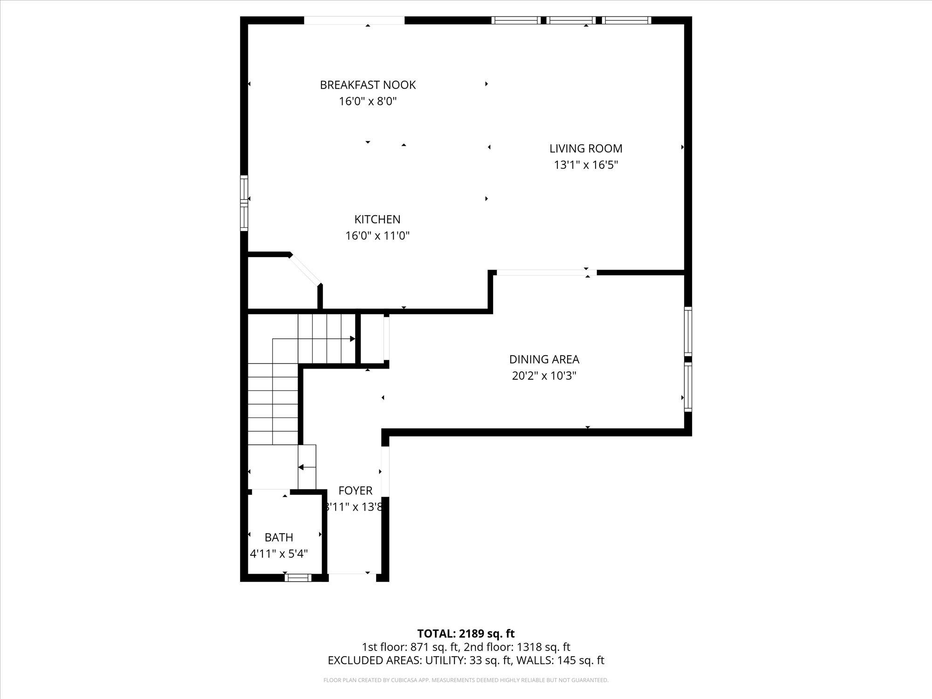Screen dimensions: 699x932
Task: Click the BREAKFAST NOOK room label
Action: [x=368, y=85]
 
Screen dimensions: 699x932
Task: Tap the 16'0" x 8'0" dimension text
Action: [x=368, y=101]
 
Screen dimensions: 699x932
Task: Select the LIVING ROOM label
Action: [x=586, y=149]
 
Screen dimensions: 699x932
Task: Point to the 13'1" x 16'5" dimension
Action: [x=586, y=165]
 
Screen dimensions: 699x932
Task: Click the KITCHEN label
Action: [x=377, y=219]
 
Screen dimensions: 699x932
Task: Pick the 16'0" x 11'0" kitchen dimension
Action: [x=377, y=236]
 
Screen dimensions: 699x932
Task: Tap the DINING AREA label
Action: [x=544, y=359]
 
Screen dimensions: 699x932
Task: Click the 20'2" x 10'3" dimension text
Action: [x=544, y=376]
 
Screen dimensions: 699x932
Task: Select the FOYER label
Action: [x=355, y=491]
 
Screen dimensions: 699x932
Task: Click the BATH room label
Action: [x=279, y=537]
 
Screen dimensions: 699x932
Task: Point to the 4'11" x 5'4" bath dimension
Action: [x=279, y=554]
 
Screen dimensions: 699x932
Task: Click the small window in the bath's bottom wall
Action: [x=298, y=578]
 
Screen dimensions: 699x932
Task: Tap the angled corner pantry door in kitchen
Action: [x=305, y=269]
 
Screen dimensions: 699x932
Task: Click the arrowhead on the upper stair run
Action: [x=352, y=339]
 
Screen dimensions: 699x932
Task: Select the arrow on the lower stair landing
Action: [x=302, y=467]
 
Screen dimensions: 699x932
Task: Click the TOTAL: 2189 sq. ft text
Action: [x=466, y=633]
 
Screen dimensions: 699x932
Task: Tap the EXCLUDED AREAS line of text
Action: [x=466, y=660]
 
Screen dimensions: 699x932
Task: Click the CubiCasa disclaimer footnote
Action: [x=466, y=680]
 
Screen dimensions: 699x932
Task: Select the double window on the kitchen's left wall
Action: [x=244, y=203]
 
